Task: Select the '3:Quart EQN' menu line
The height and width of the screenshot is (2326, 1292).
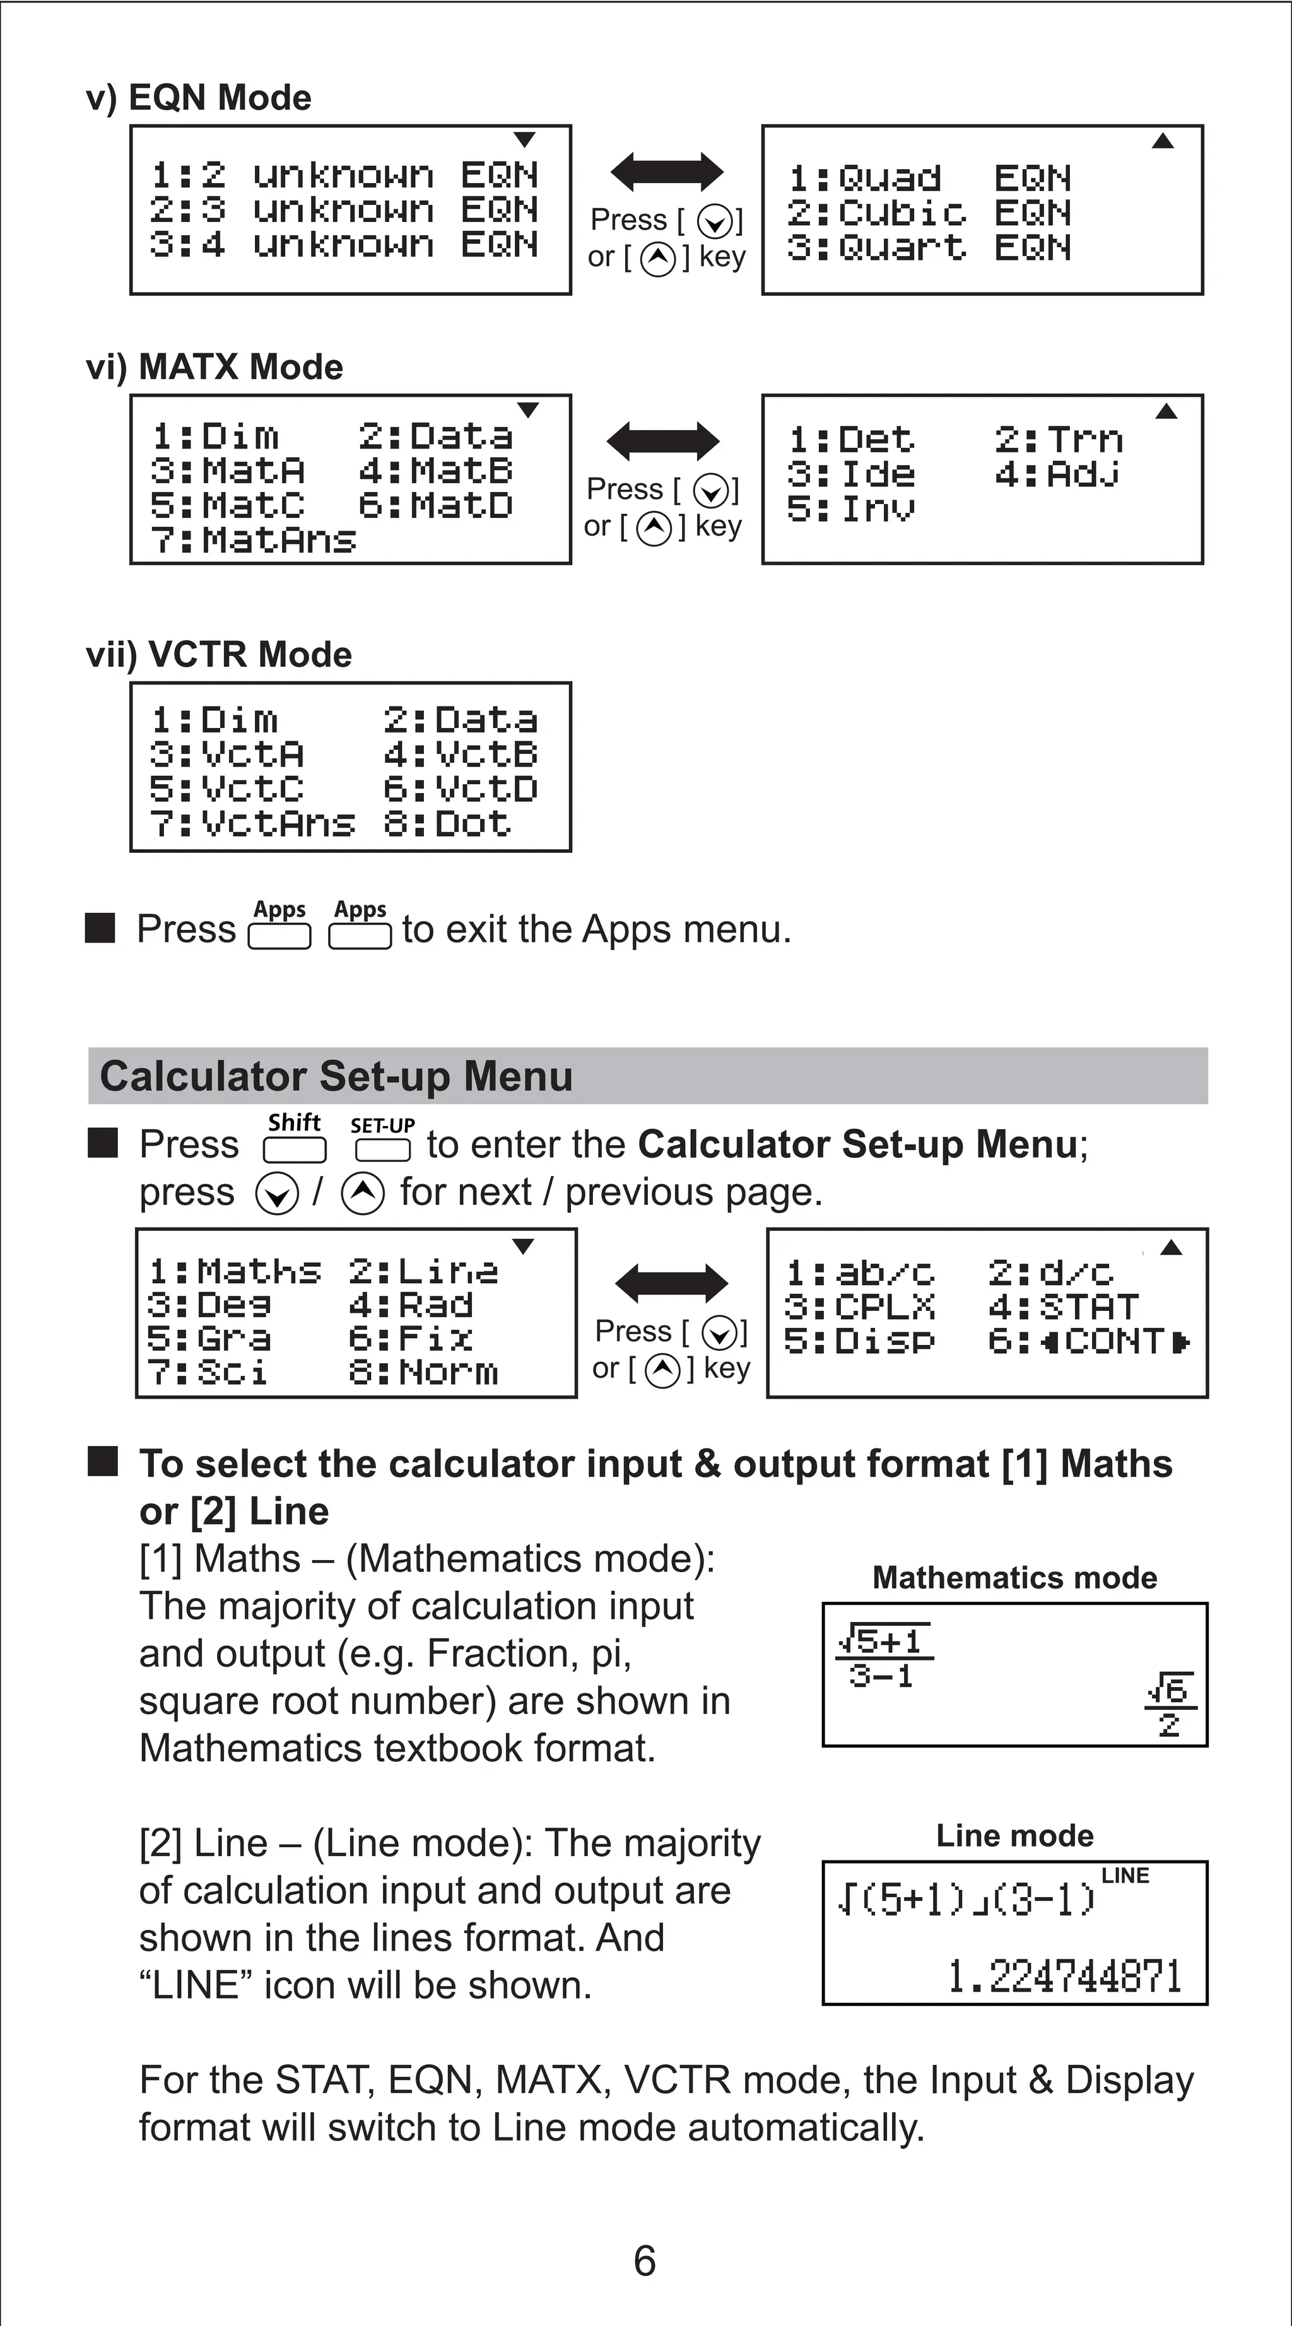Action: pyautogui.click(x=928, y=247)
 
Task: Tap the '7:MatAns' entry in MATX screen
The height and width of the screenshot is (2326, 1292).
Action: pyautogui.click(x=253, y=540)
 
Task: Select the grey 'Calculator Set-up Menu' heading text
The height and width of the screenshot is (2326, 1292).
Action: pyautogui.click(x=336, y=1076)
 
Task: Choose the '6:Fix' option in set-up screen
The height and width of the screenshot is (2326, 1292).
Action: pyautogui.click(x=411, y=1338)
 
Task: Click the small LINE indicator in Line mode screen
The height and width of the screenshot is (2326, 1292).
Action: pyautogui.click(x=1125, y=1876)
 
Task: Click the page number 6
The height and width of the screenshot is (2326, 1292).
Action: pyautogui.click(x=645, y=2261)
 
